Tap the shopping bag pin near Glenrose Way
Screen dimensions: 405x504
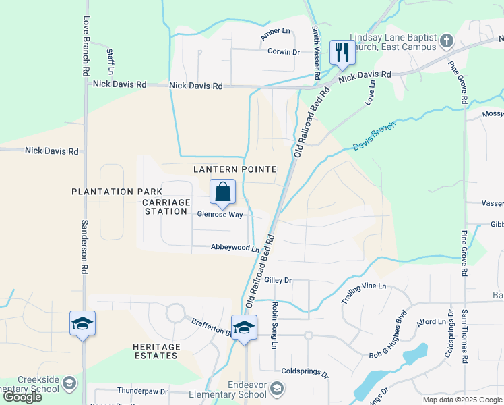click(223, 192)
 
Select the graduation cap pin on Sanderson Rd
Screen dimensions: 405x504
click(82, 324)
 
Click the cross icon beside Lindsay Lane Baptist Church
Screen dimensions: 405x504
click(445, 42)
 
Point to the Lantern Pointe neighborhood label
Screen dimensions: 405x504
click(235, 169)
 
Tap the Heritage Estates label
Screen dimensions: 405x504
click(156, 352)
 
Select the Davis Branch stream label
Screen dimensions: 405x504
click(375, 136)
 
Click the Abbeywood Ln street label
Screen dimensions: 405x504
click(234, 248)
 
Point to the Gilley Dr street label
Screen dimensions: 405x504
click(278, 280)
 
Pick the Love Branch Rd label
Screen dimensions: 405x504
click(86, 46)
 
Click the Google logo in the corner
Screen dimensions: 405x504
click(22, 398)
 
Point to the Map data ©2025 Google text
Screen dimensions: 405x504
click(462, 400)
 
